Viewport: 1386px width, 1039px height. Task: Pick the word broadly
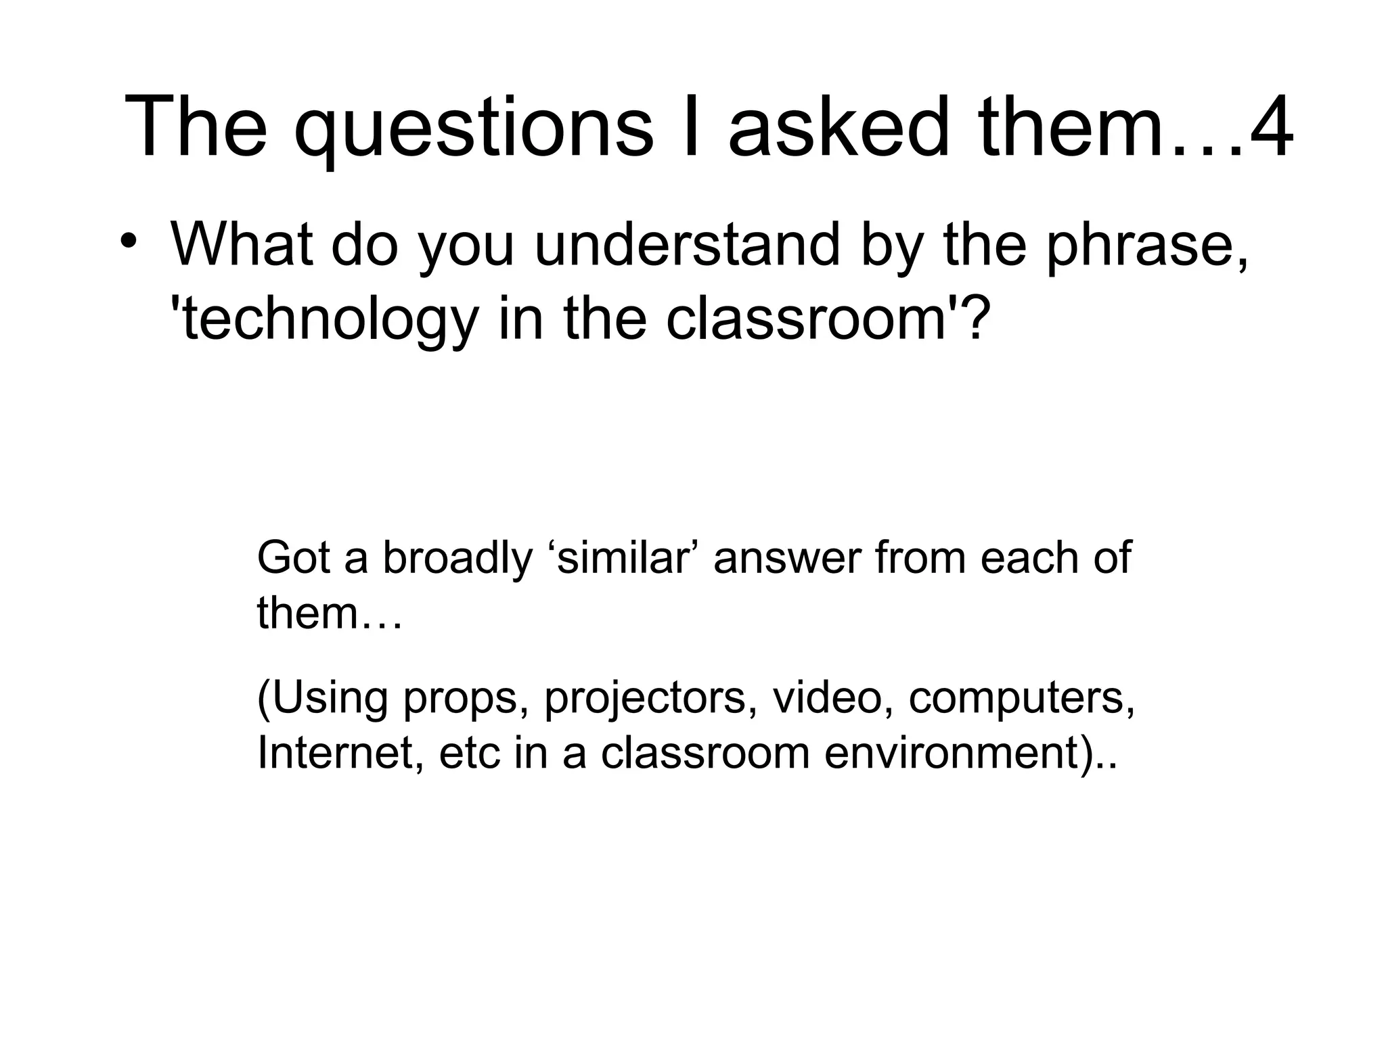(x=457, y=559)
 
